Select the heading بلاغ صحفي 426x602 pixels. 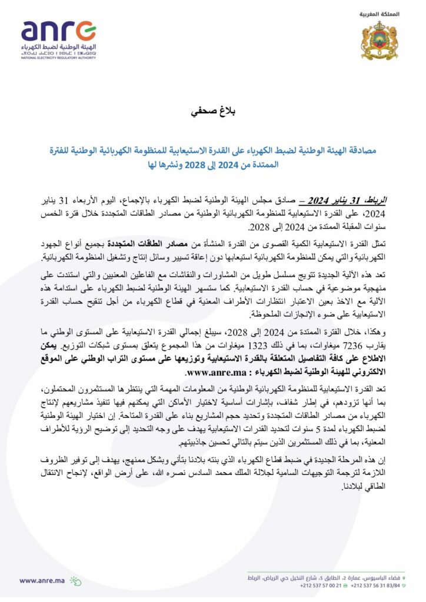coord(212,111)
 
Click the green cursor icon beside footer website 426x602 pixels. coord(76,580)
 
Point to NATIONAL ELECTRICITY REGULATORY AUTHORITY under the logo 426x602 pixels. coord(58,58)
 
